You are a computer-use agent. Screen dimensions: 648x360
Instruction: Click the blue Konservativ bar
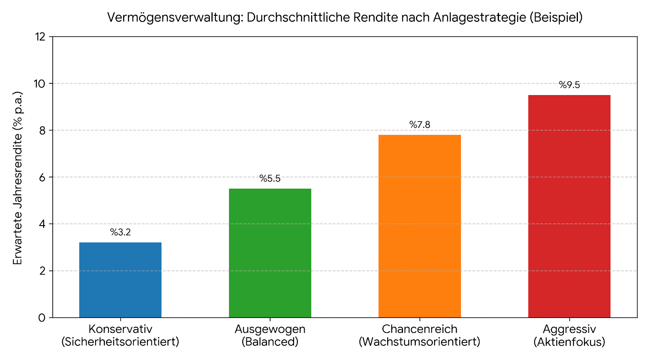coord(120,280)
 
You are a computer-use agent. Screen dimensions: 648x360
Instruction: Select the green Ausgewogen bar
coord(270,253)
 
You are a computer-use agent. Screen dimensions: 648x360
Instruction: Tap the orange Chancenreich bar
coord(420,226)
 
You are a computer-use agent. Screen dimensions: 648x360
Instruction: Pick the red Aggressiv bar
coord(569,206)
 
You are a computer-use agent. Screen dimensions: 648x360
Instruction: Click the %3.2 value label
coord(120,232)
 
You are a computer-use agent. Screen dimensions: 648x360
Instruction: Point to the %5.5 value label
coord(270,179)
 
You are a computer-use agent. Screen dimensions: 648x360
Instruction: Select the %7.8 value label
coord(420,125)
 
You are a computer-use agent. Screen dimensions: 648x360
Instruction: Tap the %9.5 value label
coord(569,85)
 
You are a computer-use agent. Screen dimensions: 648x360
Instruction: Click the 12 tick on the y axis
coord(40,37)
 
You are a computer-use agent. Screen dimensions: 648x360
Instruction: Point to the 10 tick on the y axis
coord(40,83)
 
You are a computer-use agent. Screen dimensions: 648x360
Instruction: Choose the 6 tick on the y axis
coord(43,177)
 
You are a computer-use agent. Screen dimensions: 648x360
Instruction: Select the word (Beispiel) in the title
coord(556,18)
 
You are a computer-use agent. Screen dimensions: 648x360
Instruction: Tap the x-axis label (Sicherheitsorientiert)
coord(120,341)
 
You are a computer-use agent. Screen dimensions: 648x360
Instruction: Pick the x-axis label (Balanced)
coord(270,341)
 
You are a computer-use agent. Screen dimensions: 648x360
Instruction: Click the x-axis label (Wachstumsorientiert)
coord(420,341)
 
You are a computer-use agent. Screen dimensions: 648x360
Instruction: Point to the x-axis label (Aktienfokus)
coord(569,341)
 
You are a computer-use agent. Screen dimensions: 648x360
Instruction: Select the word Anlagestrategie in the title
coord(480,18)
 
